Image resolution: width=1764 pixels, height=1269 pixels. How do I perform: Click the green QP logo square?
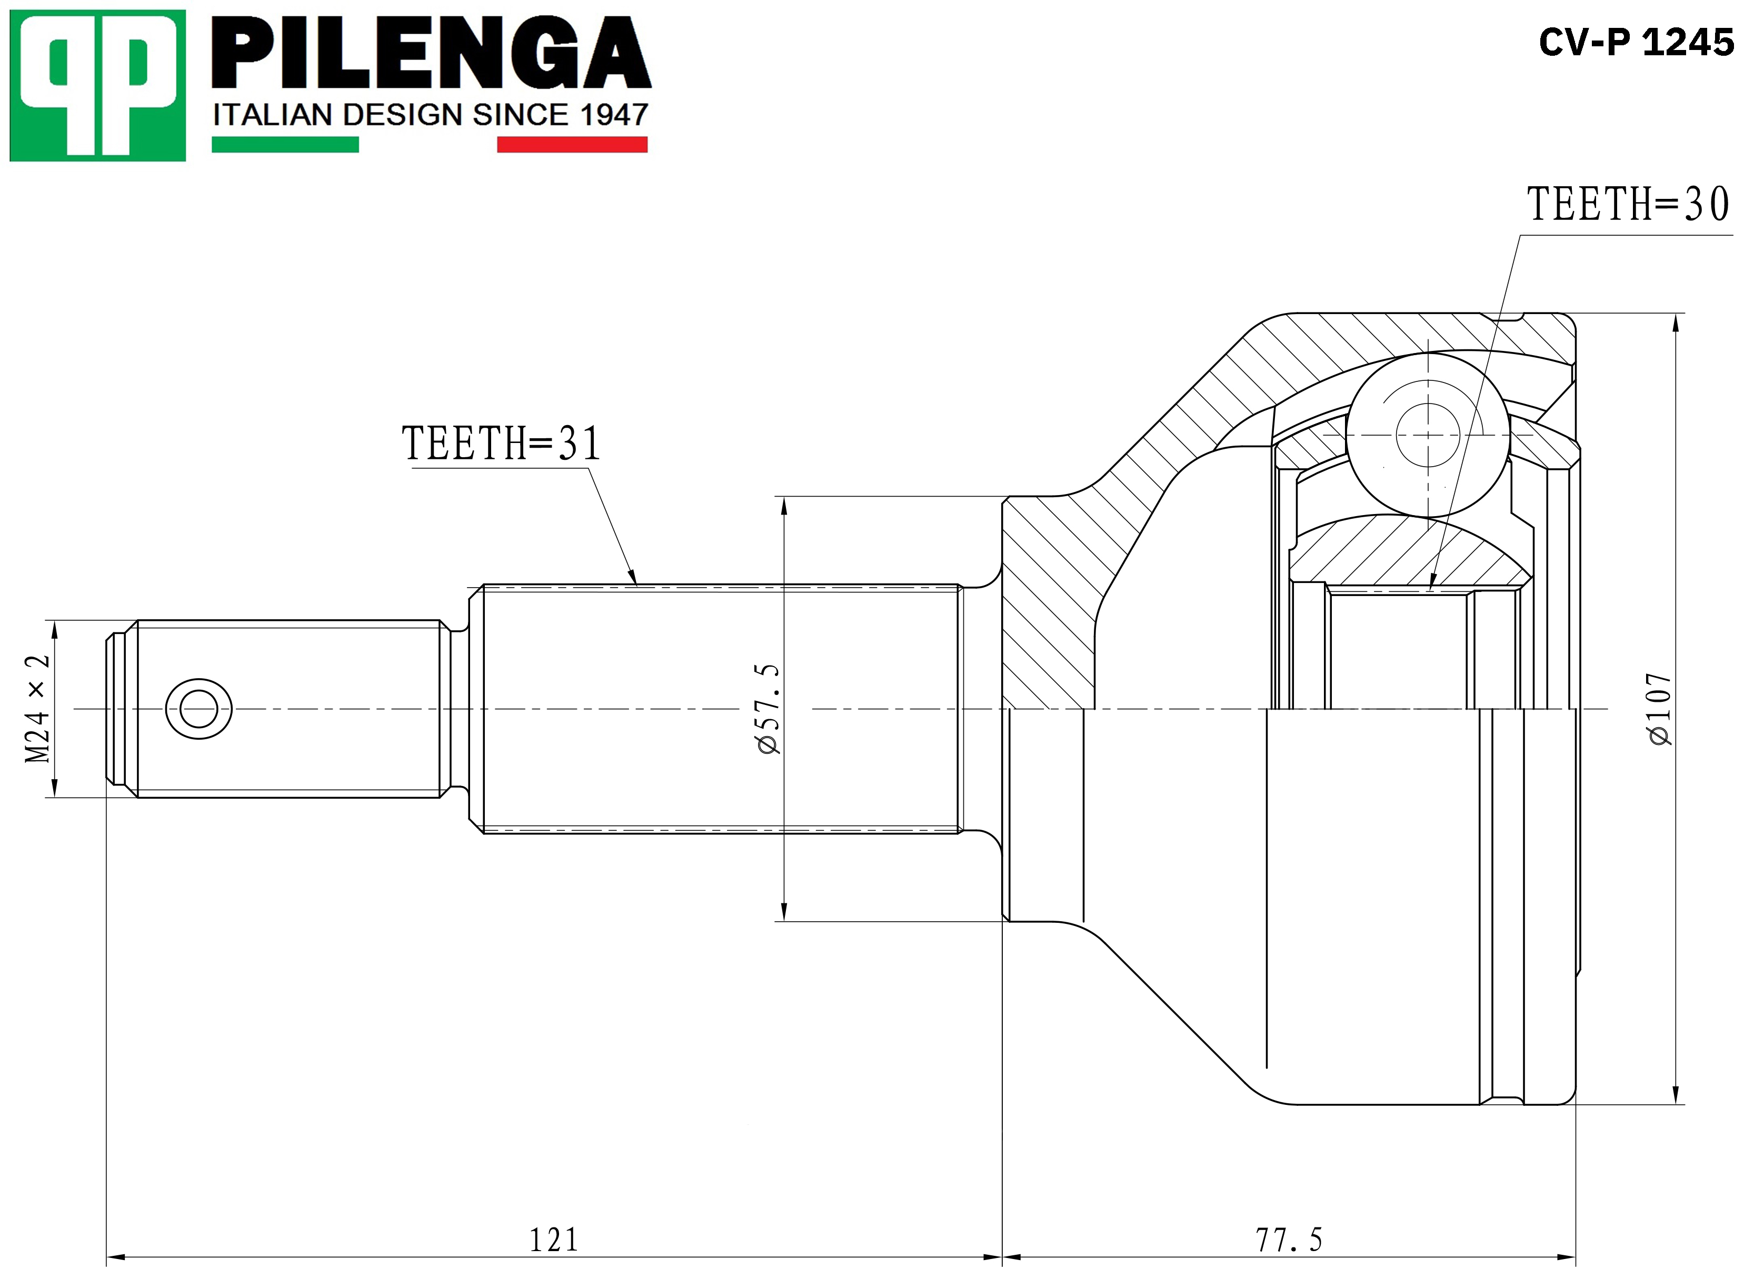pos(98,86)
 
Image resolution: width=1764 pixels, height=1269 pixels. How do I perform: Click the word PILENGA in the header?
pos(432,53)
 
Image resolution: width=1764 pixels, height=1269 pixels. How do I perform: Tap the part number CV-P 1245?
pos(1637,42)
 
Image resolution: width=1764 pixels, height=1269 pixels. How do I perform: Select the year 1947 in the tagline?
pos(614,115)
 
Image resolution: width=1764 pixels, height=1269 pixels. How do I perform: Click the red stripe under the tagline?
pos(572,145)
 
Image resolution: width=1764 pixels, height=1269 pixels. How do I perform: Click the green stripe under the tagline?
pos(285,145)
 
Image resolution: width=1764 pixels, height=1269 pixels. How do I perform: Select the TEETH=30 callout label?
pos(1629,205)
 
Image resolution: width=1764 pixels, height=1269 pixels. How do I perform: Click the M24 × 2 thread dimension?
pos(37,708)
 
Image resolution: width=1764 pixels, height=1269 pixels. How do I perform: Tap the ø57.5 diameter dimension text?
pos(768,708)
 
